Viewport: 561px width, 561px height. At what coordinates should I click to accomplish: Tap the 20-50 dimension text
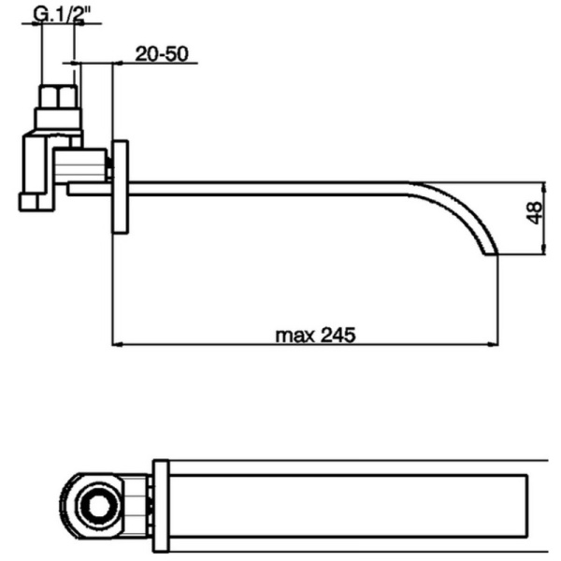[165, 54]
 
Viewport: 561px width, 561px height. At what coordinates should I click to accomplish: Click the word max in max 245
[294, 334]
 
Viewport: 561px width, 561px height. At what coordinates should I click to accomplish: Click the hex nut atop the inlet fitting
[58, 96]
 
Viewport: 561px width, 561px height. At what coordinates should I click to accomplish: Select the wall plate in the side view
[122, 186]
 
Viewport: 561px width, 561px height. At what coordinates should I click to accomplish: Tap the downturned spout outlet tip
[487, 250]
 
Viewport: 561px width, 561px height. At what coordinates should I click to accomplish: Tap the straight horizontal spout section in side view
[271, 188]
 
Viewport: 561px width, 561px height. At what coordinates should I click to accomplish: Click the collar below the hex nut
[58, 120]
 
